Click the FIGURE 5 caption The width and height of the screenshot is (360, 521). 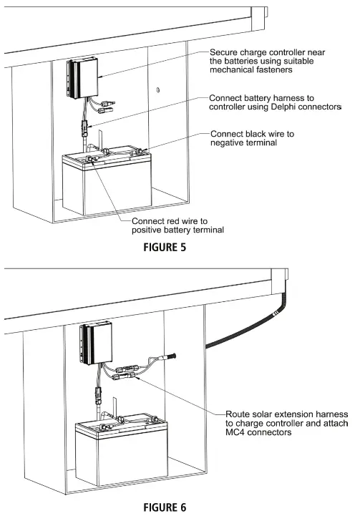pyautogui.click(x=179, y=250)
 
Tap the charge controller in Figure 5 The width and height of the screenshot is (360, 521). pyautogui.click(x=83, y=79)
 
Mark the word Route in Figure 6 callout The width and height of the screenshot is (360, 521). pyautogui.click(x=238, y=414)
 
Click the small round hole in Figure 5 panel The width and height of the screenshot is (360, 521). pyautogui.click(x=159, y=89)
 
